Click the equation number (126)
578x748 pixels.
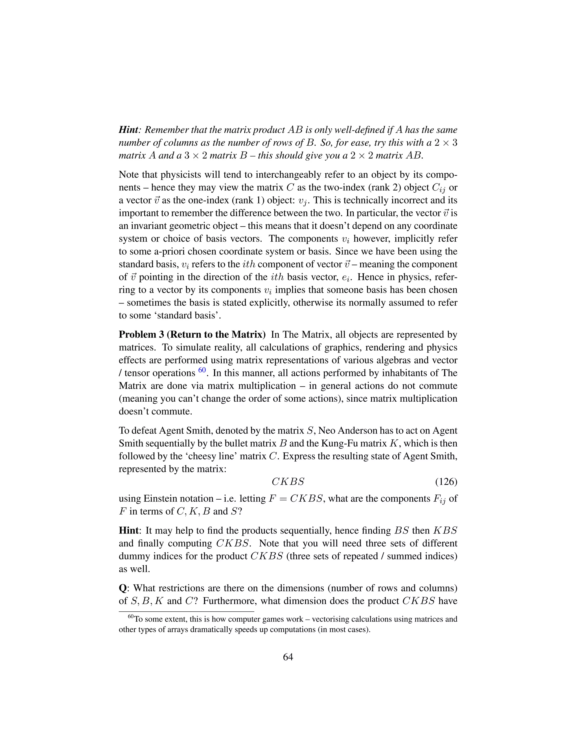click(x=446, y=482)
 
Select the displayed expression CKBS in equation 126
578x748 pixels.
click(x=288, y=482)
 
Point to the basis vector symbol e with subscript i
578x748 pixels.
click(x=347, y=277)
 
